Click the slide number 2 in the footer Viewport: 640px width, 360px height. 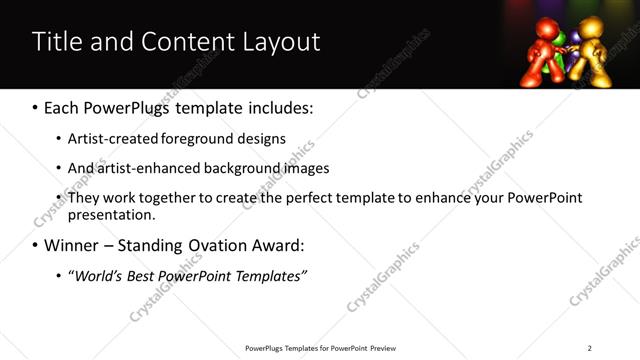coord(589,348)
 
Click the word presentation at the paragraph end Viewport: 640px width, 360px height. coord(110,215)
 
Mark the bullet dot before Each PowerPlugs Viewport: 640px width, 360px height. coord(36,106)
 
